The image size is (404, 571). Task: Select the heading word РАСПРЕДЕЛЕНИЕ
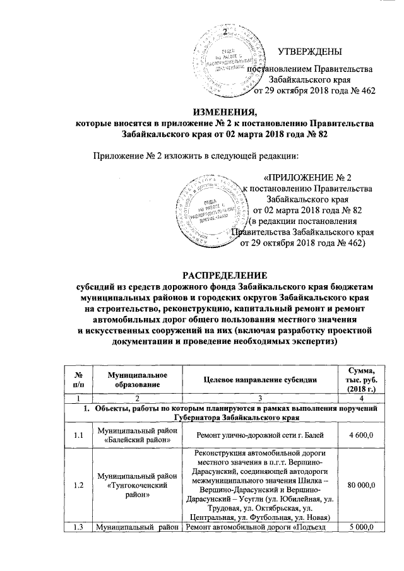click(x=201, y=275)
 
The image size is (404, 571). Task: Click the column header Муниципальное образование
click(x=133, y=379)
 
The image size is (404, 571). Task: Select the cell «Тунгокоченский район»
click(x=133, y=484)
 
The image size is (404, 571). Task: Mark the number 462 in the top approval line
click(x=365, y=91)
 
